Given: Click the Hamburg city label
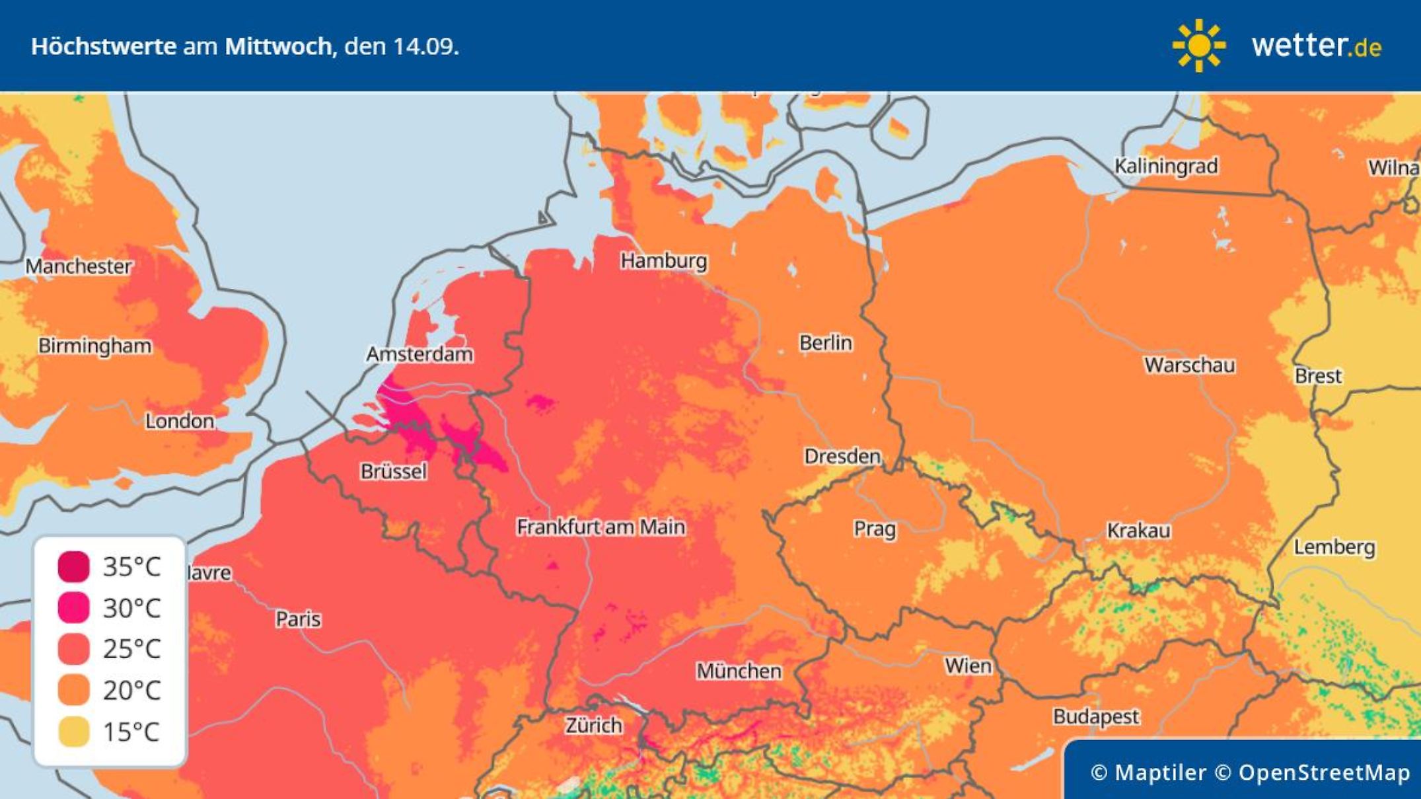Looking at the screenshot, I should coord(663,261).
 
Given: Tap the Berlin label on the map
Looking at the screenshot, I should coord(825,343).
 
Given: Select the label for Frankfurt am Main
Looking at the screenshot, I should coord(601,527).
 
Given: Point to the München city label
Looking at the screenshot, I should coord(739,671).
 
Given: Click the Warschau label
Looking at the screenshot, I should coord(1189,365).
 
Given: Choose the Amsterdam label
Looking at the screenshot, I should coord(419,354).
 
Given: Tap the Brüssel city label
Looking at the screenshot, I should coord(394,471).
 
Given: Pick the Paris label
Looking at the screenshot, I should coord(298,619).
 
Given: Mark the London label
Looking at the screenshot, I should coord(180,421).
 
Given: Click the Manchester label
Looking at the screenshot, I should coord(79,266).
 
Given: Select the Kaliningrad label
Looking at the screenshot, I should coord(1166,166).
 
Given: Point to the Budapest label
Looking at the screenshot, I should coord(1096,716).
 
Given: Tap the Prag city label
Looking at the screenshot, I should coord(875,529).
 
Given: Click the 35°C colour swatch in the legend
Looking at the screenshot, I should coord(73,566).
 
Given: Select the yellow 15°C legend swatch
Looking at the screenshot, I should coord(73,732).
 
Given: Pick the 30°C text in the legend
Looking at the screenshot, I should coord(131,608).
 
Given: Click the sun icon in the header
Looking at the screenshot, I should coord(1198,46).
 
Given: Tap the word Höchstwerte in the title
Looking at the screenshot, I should coord(104,47).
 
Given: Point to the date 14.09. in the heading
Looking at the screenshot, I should coord(425,47).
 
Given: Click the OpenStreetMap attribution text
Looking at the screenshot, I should coord(1324,773).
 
